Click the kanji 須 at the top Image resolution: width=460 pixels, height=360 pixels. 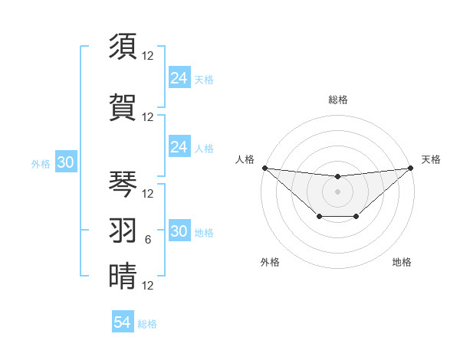[x=123, y=47]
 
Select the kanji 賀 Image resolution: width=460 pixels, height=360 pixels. [x=123, y=108]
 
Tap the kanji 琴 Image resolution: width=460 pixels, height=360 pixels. [x=123, y=183]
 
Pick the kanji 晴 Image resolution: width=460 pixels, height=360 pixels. [x=123, y=276]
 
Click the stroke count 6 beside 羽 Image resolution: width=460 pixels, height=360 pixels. [x=148, y=240]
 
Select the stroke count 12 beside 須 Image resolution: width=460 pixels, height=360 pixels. [x=148, y=56]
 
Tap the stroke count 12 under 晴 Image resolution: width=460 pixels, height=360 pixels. [x=148, y=286]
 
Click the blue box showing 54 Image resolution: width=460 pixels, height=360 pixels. [x=123, y=322]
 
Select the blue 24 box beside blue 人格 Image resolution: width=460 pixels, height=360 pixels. [x=179, y=147]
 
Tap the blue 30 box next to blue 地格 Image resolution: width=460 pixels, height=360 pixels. [x=179, y=232]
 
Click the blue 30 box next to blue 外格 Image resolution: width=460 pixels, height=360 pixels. [x=65, y=163]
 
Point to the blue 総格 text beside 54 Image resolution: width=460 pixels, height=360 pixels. [x=147, y=324]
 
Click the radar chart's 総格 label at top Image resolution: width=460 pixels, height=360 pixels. [x=337, y=100]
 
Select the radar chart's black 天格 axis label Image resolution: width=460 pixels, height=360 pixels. [x=431, y=159]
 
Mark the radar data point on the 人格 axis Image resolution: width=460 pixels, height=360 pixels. [x=265, y=168]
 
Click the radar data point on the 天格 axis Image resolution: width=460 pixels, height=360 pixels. [x=409, y=168]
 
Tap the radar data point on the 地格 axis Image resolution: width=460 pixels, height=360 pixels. [x=356, y=218]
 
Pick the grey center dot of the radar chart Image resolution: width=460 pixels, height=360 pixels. [x=337, y=191]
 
